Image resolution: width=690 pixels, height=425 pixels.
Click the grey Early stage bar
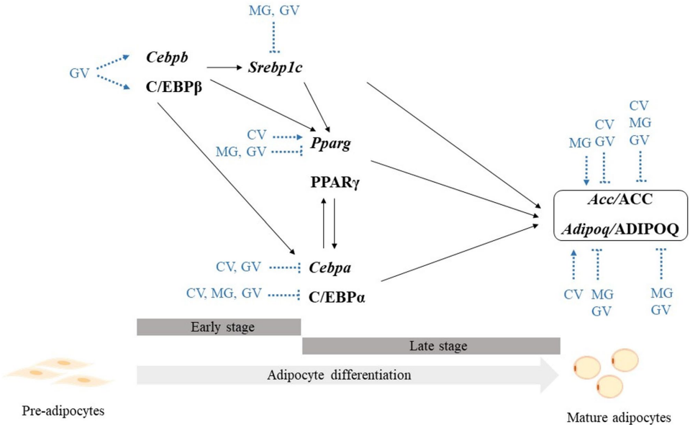click(x=218, y=327)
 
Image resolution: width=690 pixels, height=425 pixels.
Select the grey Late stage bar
click(x=431, y=346)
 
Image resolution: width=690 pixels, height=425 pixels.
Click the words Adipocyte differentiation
click(x=339, y=375)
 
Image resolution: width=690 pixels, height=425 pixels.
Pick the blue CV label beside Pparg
click(x=257, y=135)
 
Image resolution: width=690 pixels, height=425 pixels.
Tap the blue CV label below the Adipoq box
click(x=573, y=294)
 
